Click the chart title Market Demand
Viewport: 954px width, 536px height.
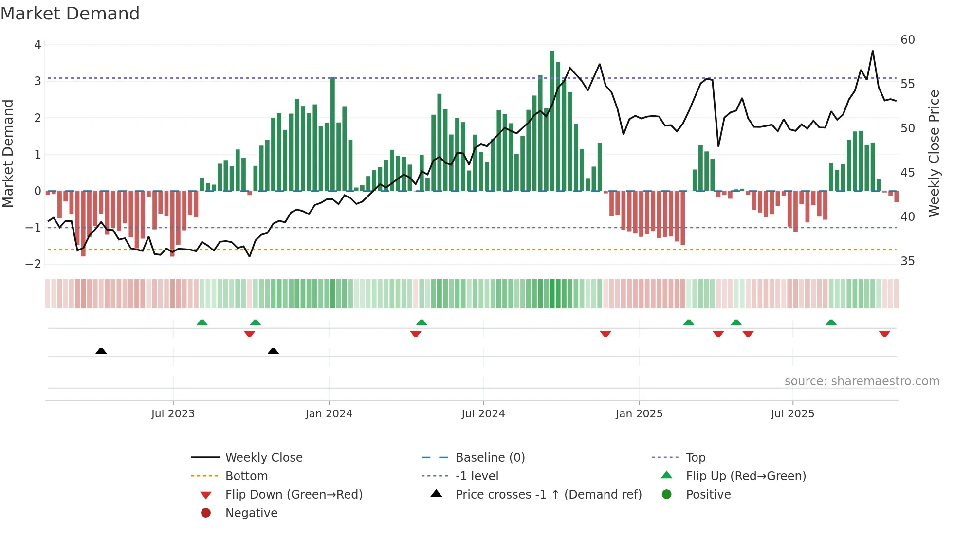click(x=70, y=14)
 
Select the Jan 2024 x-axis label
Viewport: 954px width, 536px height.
click(x=329, y=414)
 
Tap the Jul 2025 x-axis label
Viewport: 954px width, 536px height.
click(x=792, y=414)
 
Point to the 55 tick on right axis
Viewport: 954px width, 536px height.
click(x=907, y=84)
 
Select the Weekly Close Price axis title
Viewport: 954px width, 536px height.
click(x=934, y=153)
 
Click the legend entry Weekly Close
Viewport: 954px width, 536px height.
click(x=263, y=458)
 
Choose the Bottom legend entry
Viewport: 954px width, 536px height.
click(x=246, y=476)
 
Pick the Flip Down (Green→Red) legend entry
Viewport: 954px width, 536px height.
click(x=294, y=495)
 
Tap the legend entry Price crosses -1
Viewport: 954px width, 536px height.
click(x=548, y=495)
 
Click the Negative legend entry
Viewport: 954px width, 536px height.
click(x=251, y=513)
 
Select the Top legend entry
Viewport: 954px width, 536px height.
click(x=695, y=458)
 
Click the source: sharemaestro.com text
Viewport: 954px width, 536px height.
click(x=862, y=381)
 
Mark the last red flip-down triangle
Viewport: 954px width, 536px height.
click(x=884, y=334)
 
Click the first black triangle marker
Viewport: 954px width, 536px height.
click(x=101, y=351)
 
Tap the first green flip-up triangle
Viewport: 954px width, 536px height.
click(x=202, y=322)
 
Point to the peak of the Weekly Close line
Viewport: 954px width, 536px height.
click(x=872, y=51)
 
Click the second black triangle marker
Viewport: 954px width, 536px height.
click(x=273, y=351)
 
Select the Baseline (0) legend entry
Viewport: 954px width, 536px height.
click(x=490, y=458)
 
